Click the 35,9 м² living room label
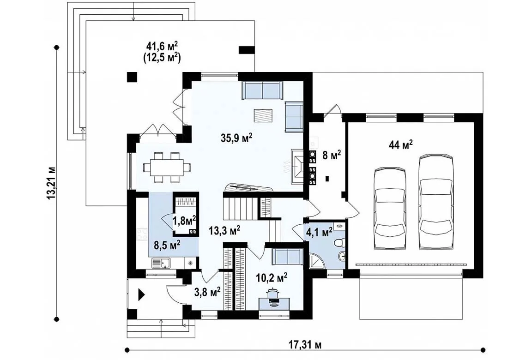coord(237,138)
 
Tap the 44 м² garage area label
coord(401,145)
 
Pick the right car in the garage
coord(436,202)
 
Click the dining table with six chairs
coord(167,168)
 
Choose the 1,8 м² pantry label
coord(185,221)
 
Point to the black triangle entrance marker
coord(141,295)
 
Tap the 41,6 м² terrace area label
coord(162,46)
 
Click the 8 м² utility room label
coord(331,156)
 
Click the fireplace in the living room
coord(298,166)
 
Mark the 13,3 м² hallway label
coord(224,231)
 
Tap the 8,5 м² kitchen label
coord(167,245)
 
